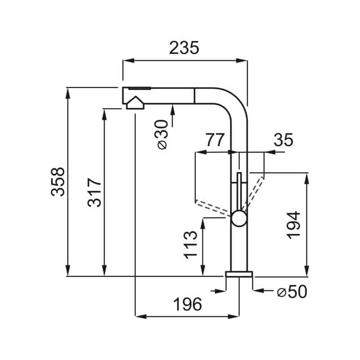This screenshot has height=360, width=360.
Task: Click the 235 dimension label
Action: tap(184, 48)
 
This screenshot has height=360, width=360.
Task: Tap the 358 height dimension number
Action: tap(58, 182)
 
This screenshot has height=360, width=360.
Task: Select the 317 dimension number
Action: tap(94, 193)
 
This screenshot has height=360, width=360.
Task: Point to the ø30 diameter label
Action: tap(163, 135)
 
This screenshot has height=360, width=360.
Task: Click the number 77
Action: tap(215, 140)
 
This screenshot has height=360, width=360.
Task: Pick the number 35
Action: tap(283, 140)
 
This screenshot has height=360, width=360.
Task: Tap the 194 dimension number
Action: tap(294, 225)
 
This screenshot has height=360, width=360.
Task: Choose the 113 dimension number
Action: tap(190, 245)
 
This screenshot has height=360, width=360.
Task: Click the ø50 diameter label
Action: tap(292, 292)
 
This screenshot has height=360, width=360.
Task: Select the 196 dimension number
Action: tap(187, 304)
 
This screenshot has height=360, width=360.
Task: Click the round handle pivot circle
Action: tap(239, 218)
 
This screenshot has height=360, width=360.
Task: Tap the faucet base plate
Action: tap(239, 274)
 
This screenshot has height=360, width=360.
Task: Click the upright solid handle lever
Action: tap(239, 192)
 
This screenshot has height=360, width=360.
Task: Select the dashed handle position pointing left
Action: tap(213, 208)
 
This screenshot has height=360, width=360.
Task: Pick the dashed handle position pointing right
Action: tap(253, 194)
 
